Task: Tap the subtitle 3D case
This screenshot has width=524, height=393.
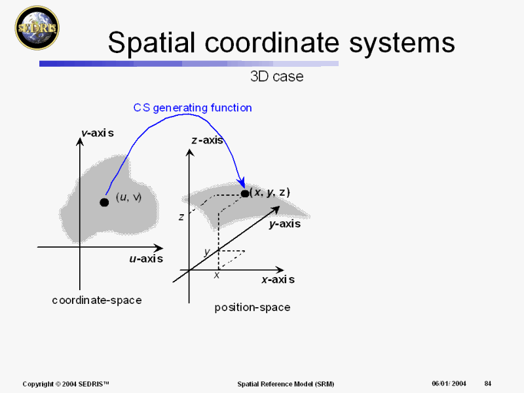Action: tap(277, 77)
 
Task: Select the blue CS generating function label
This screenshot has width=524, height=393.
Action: tap(193, 107)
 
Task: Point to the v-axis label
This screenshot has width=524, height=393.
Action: tap(98, 133)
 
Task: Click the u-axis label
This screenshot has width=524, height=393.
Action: tap(145, 259)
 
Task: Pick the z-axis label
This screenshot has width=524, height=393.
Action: tap(208, 140)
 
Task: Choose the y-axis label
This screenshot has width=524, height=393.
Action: tap(284, 224)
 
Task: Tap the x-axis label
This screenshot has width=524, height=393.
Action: tap(278, 280)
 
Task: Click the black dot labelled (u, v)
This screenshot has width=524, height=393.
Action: tap(104, 202)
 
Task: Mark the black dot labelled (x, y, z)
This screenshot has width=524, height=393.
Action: tap(245, 193)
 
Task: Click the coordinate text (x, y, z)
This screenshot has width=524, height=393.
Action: tap(270, 192)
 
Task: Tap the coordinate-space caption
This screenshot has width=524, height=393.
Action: tap(97, 300)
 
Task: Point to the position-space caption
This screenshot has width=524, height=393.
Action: tap(252, 307)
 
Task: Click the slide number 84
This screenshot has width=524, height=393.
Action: tap(488, 383)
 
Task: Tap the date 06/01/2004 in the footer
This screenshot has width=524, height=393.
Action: tap(449, 383)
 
